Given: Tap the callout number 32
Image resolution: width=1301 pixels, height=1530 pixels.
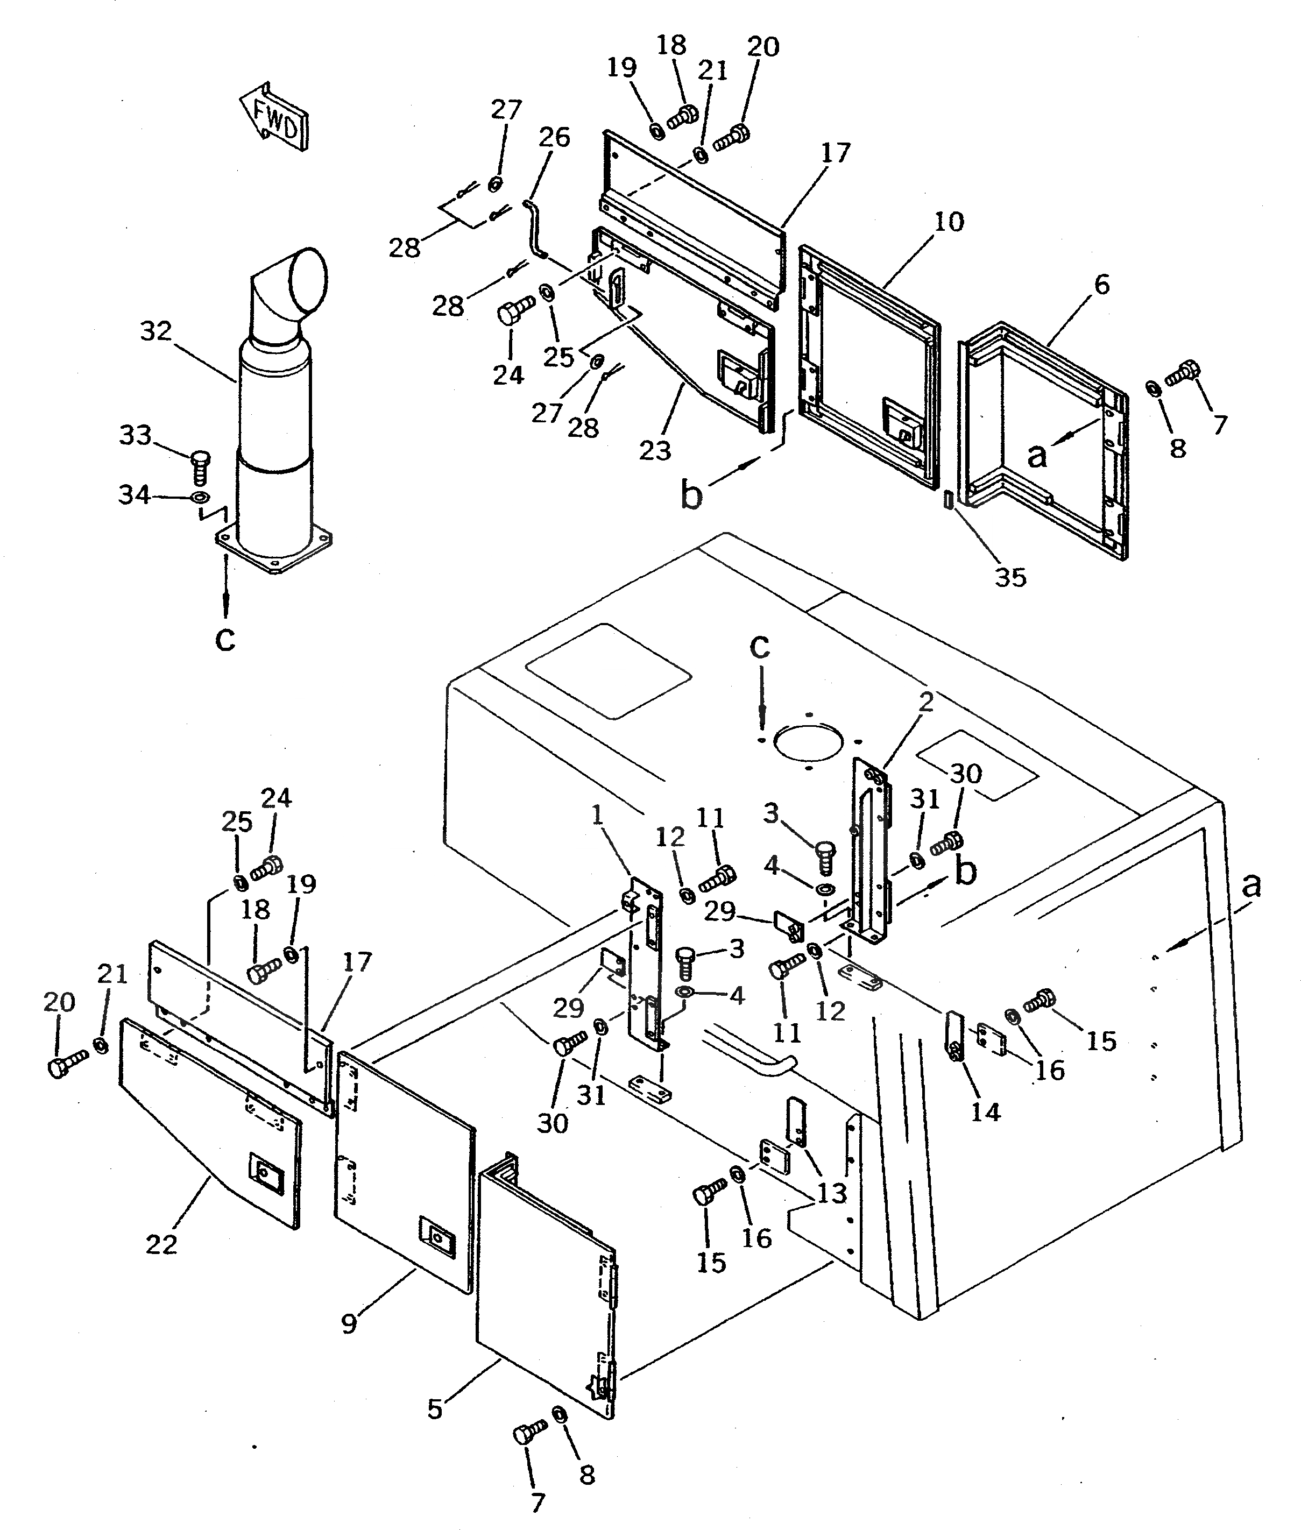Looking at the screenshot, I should (x=155, y=332).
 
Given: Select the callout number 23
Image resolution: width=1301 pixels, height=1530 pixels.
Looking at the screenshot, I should (x=654, y=450).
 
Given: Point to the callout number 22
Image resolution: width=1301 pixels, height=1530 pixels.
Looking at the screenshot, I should (x=161, y=1245).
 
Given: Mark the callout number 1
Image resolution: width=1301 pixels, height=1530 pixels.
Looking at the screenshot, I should (x=597, y=816).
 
